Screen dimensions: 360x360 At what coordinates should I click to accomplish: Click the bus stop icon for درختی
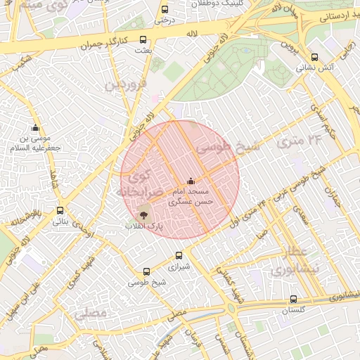click(x=165, y=10)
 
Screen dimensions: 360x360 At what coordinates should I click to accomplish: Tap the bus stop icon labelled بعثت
click(x=143, y=40)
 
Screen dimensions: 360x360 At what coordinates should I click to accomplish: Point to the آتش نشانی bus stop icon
click(x=314, y=58)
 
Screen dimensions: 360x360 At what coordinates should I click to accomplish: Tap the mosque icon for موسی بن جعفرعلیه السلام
click(x=35, y=127)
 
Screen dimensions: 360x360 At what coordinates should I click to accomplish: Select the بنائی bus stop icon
click(x=60, y=210)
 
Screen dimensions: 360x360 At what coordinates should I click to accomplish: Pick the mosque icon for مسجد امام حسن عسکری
click(x=191, y=181)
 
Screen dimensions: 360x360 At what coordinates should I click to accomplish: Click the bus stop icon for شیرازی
click(x=179, y=256)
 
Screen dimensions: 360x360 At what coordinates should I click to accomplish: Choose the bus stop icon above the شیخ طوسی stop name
click(x=146, y=271)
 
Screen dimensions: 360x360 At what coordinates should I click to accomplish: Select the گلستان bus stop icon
click(x=293, y=298)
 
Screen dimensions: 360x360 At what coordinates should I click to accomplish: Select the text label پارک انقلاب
click(x=143, y=227)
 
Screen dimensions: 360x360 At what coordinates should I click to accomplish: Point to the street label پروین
click(x=289, y=45)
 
